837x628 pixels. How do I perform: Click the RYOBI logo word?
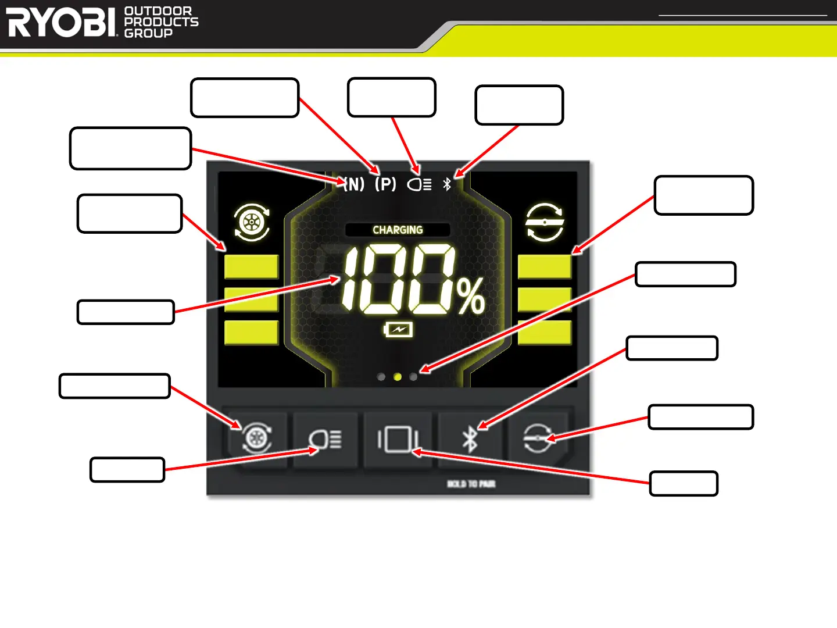pyautogui.click(x=62, y=23)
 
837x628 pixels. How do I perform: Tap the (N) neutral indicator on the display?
pyautogui.click(x=353, y=184)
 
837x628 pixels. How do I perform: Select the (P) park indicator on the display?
pyautogui.click(x=385, y=184)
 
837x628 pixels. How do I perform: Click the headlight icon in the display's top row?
pyautogui.click(x=419, y=184)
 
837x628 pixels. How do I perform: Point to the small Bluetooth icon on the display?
pyautogui.click(x=447, y=184)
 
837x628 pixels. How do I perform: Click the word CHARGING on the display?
pyautogui.click(x=398, y=230)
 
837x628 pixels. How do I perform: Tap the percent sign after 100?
pyautogui.click(x=471, y=297)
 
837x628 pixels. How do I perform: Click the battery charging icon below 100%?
pyautogui.click(x=398, y=330)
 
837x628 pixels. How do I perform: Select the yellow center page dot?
pyautogui.click(x=398, y=377)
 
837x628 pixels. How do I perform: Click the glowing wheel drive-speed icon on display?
pyautogui.click(x=252, y=222)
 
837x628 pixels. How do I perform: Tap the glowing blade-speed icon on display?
pyautogui.click(x=545, y=222)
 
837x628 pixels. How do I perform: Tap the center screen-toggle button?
pyautogui.click(x=398, y=438)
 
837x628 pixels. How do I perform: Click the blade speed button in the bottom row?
pyautogui.click(x=538, y=438)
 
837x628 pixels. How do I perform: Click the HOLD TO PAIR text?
pyautogui.click(x=471, y=484)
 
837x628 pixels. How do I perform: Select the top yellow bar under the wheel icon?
pyautogui.click(x=252, y=267)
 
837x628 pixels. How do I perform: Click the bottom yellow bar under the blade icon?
pyautogui.click(x=545, y=333)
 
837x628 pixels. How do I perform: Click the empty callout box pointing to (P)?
pyautogui.click(x=245, y=98)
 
